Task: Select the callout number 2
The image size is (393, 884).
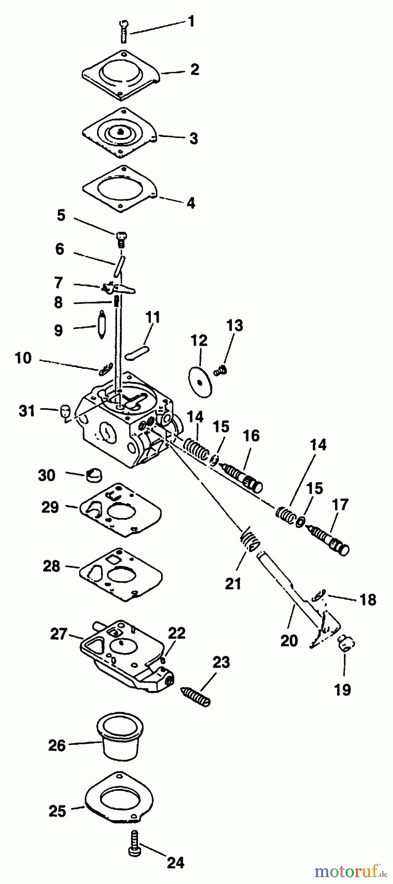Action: point(195,70)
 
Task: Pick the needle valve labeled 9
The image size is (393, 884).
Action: point(103,321)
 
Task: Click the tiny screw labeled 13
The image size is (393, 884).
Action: point(222,369)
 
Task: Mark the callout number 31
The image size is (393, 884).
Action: point(27,410)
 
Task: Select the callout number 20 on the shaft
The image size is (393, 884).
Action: point(289,640)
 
